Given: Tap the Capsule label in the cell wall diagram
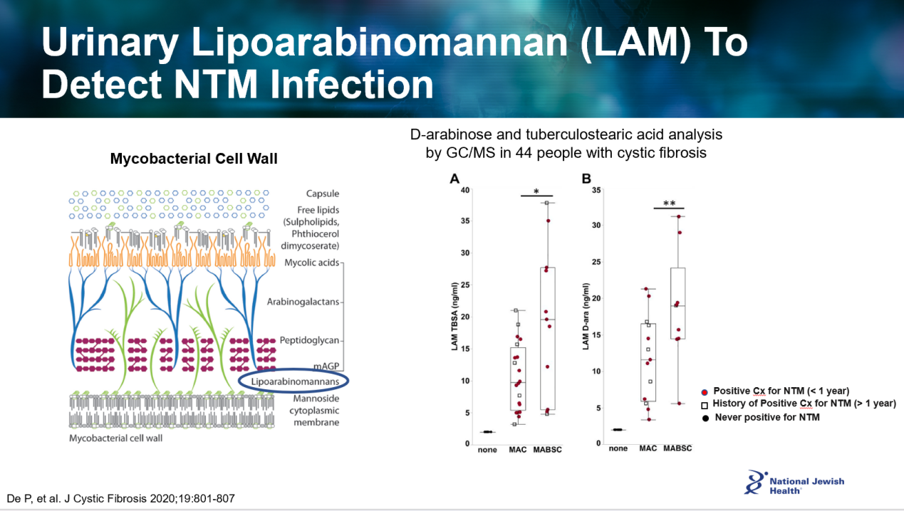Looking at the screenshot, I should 322,194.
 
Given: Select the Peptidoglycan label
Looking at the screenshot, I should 309,340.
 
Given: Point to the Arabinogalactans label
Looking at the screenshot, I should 303,302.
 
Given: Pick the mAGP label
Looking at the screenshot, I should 326,366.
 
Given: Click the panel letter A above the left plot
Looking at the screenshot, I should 454,179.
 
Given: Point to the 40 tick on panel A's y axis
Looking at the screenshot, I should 464,190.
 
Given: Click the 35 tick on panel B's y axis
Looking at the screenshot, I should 596,190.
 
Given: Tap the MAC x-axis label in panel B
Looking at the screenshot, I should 648,448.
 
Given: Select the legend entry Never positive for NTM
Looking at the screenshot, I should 767,417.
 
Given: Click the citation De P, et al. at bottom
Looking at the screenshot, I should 120,498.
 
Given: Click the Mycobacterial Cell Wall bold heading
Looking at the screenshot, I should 194,159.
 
